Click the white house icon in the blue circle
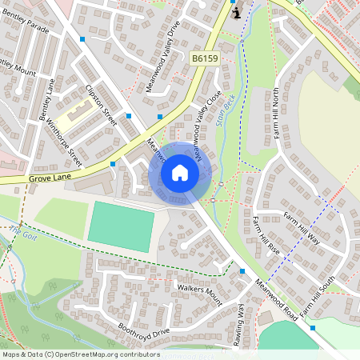tap(180, 173)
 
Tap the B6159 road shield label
tap(204, 58)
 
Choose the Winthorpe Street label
tap(64, 136)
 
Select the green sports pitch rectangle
tap(121, 226)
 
